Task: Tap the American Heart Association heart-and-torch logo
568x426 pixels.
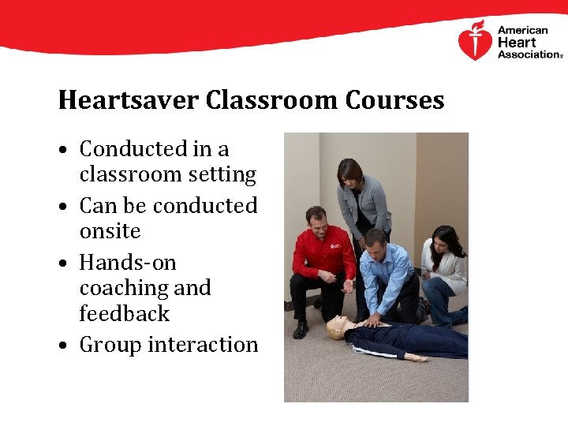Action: pos(475,41)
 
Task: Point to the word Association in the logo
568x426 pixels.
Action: pos(528,54)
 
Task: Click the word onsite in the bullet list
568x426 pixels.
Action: pos(110,231)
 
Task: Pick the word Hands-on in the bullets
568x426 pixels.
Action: pos(128,262)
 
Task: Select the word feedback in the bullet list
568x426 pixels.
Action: pos(125,313)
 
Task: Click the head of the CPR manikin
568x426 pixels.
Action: pos(338,327)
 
